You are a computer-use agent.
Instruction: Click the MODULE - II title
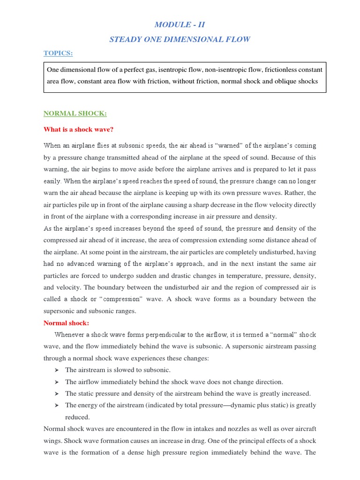point(180,24)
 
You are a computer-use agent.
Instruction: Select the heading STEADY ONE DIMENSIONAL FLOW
point(180,39)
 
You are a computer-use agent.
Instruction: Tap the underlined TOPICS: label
point(58,53)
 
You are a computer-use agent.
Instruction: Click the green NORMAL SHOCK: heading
point(75,113)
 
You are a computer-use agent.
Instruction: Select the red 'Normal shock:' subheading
point(66,323)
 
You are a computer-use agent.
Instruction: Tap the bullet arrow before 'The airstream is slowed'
point(56,370)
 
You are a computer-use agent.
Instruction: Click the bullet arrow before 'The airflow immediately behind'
point(56,382)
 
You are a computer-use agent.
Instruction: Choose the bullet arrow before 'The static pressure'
point(56,394)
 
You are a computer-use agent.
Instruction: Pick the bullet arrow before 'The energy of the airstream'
point(56,405)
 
